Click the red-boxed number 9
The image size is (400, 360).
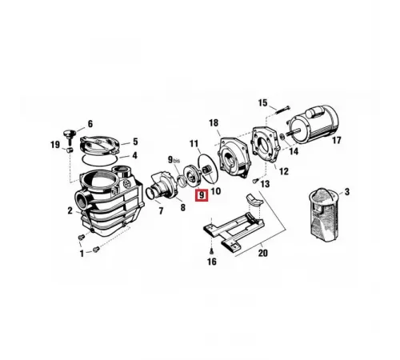coord(202,195)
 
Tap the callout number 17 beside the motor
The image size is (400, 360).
coord(336,140)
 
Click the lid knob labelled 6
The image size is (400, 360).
coord(70,134)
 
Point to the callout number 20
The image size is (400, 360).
coord(262,253)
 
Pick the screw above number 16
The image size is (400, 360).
coord(211,250)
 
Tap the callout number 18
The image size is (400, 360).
coord(214,123)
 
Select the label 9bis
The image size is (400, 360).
coord(174,160)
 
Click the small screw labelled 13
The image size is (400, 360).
coord(254,181)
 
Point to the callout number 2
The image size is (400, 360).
coord(70,210)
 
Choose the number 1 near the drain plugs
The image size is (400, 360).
coord(82,254)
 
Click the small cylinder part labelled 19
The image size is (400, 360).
coord(70,150)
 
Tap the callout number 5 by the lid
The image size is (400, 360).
coord(135,142)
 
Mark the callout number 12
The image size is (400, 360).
coord(284,171)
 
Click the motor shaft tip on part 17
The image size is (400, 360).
coord(303,130)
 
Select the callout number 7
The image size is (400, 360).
coord(161,211)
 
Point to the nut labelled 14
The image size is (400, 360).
coord(282,137)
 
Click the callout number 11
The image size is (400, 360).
coord(194,144)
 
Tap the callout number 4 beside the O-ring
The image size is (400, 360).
coord(134,155)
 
